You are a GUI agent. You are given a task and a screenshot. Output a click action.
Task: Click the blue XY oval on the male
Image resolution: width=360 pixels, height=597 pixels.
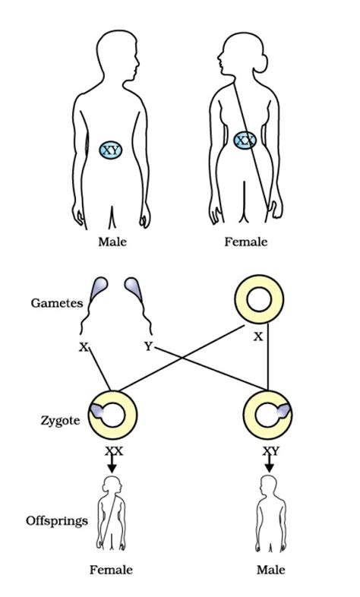[112, 149]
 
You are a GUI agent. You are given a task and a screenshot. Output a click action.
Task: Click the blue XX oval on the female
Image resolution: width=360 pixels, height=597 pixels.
[245, 141]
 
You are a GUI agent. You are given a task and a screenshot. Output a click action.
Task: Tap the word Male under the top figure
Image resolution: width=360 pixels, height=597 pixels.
[112, 242]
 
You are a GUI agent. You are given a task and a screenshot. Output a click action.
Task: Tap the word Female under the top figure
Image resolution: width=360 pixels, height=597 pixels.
[246, 242]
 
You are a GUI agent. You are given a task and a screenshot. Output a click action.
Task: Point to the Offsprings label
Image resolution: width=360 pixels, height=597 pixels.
[56, 521]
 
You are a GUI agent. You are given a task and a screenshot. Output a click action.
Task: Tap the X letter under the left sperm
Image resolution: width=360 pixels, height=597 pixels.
[83, 348]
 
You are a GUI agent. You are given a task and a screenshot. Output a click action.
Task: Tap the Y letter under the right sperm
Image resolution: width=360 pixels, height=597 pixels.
[149, 348]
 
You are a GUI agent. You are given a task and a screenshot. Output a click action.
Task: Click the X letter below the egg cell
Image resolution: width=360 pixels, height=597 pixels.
[258, 336]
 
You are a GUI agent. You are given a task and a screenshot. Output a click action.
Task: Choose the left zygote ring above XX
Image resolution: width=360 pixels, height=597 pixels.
[113, 415]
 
